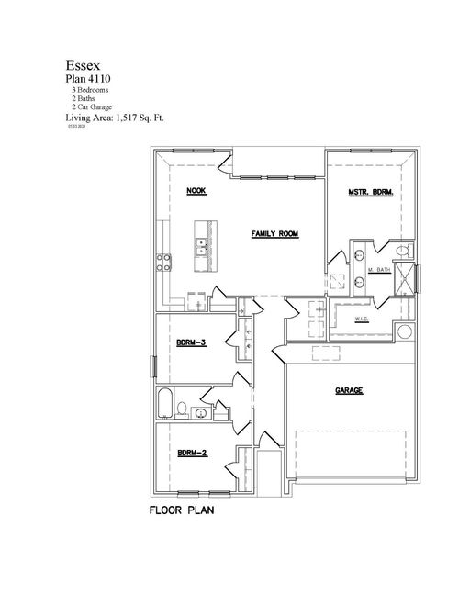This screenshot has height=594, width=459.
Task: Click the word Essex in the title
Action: tap(83, 66)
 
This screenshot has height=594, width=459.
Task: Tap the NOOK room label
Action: tap(196, 191)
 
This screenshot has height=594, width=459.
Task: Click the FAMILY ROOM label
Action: tap(275, 234)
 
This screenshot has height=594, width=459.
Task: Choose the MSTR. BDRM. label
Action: tap(370, 192)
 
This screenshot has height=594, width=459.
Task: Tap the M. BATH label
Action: tap(380, 271)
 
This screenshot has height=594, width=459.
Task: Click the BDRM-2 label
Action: tap(191, 453)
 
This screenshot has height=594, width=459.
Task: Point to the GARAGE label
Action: tap(349, 390)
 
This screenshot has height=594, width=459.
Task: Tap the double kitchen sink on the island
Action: tap(201, 245)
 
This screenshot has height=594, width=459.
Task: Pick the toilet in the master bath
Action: tap(401, 251)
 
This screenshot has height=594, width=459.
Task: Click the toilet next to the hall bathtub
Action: tap(183, 409)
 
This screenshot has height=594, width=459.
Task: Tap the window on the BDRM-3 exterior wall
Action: tap(154, 366)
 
